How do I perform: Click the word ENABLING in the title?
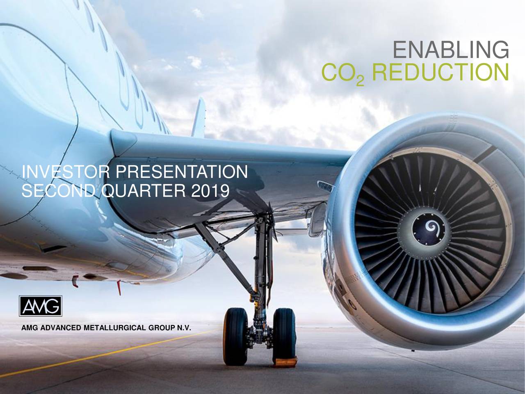pos(451,50)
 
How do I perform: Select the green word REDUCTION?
pos(440,71)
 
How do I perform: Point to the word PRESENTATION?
pos(182,172)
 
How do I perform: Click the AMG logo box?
pos(41,306)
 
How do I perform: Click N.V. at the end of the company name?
pos(184,328)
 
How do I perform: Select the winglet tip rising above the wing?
pos(199,117)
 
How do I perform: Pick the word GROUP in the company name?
pos(161,328)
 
